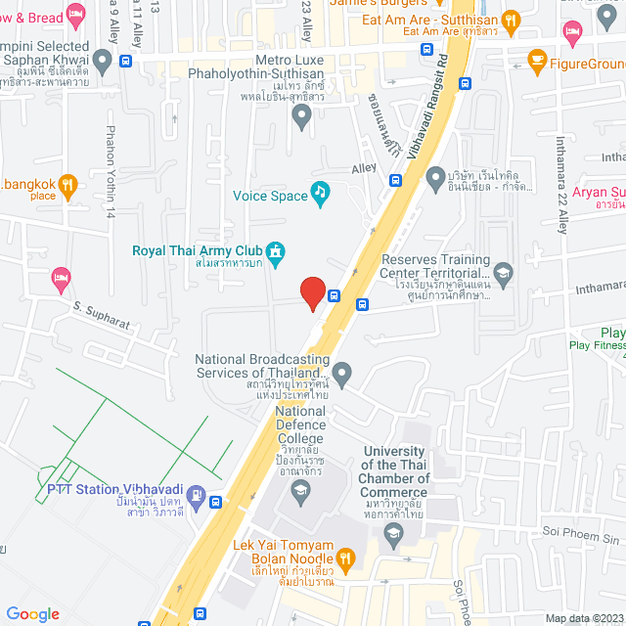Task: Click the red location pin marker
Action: (x=312, y=292)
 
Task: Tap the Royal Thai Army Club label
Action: (x=198, y=249)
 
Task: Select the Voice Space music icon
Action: (x=319, y=194)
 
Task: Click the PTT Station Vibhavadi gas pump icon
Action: (x=195, y=496)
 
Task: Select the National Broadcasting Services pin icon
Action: (x=341, y=372)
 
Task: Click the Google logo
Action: (x=32, y=613)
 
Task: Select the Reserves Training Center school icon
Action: (x=503, y=270)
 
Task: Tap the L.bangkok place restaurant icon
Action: (x=67, y=182)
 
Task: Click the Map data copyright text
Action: (x=584, y=617)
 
